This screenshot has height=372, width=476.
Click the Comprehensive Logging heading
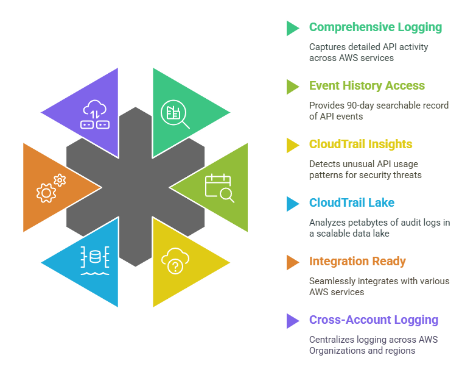click(375, 27)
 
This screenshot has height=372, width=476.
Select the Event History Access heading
click(366, 86)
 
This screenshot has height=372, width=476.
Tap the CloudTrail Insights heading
click(360, 145)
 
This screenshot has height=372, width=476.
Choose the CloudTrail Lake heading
click(351, 203)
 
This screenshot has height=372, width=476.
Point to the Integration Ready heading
click(357, 262)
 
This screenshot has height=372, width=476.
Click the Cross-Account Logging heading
click(373, 320)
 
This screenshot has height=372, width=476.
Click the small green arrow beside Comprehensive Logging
click(293, 28)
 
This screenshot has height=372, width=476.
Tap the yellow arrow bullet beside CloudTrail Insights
click(293, 145)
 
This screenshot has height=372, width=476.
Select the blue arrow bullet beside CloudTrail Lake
click(293, 204)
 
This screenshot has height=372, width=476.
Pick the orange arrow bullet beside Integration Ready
click(293, 262)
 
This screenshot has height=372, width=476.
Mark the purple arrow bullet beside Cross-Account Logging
click(293, 321)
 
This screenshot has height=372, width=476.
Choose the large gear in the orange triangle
click(46, 193)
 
